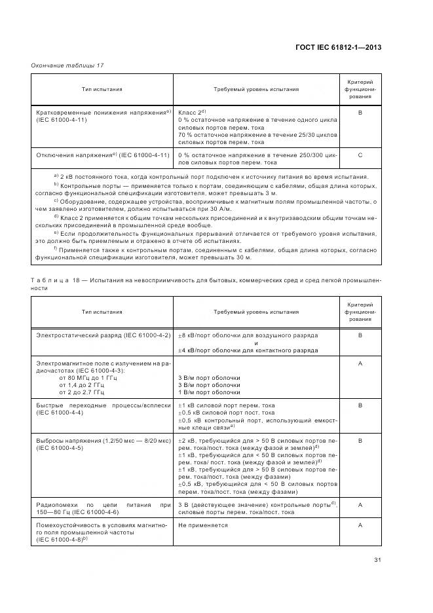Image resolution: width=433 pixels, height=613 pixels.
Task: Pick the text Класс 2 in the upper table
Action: coord(191,113)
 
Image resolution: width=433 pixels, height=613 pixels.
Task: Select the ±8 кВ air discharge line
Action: coord(248,335)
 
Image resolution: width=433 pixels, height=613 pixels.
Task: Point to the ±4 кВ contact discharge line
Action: coord(248,350)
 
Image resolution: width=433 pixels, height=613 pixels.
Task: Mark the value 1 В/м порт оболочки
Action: coord(209,392)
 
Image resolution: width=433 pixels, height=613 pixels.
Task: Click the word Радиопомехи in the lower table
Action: coord(55,504)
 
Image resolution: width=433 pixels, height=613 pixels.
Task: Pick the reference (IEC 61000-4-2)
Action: coord(149,335)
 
